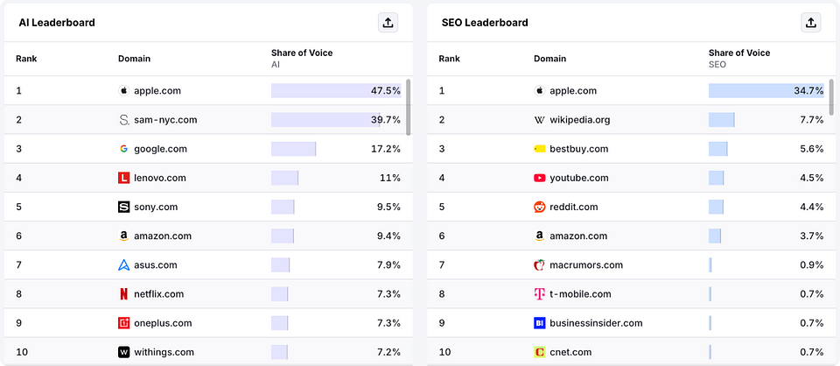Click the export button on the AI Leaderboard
click(388, 23)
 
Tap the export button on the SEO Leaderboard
click(810, 23)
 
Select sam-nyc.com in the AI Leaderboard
click(165, 120)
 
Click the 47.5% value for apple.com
click(385, 91)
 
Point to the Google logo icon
click(123, 149)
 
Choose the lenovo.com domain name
click(159, 178)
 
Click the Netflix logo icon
click(123, 294)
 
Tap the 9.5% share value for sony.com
click(388, 208)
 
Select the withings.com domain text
click(164, 352)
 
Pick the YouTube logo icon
click(539, 178)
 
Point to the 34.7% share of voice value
click(808, 91)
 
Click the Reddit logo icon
click(539, 208)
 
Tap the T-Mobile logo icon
click(539, 294)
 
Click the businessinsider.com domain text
click(596, 323)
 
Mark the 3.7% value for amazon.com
click(811, 236)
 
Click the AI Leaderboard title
click(57, 23)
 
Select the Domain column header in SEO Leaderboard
click(549, 59)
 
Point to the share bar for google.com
click(293, 149)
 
